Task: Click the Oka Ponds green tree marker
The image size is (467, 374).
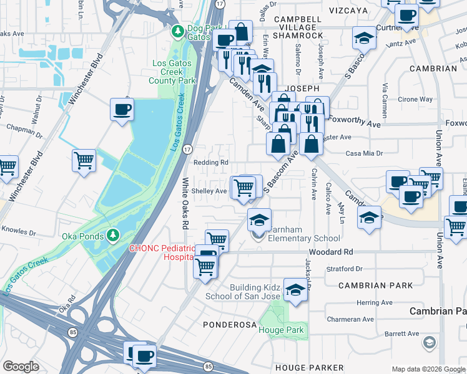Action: [113, 235]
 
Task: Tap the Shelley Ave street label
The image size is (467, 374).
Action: [209, 191]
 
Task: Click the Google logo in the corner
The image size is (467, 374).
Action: [21, 366]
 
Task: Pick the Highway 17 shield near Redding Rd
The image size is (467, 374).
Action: [187, 149]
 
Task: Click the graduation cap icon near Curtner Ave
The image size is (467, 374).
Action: [364, 39]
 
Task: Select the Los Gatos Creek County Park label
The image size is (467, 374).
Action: [174, 72]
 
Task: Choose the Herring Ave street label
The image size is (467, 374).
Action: [375, 302]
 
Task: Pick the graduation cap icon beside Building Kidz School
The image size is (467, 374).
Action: [295, 289]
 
